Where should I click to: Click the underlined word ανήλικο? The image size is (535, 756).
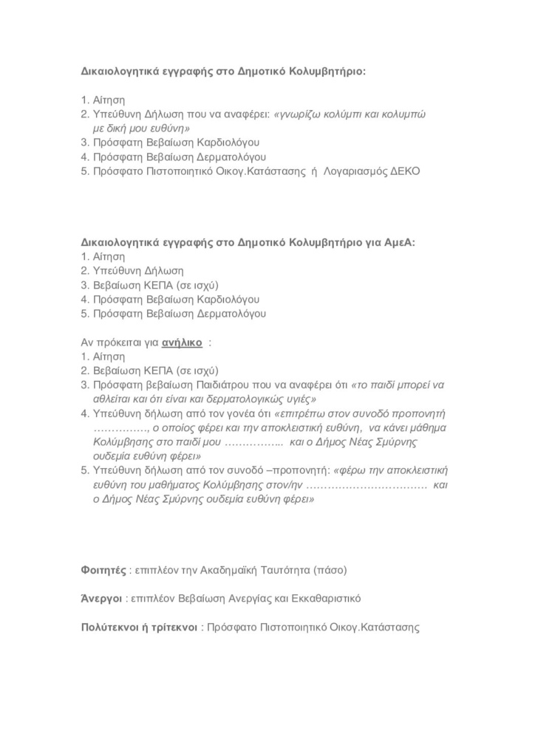tap(183, 343)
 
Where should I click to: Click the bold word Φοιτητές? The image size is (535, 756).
tap(103, 570)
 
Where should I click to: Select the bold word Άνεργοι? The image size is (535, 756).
tap(101, 599)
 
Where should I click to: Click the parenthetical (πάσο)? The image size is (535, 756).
tap(330, 570)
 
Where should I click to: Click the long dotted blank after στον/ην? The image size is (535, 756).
tap(367, 485)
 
